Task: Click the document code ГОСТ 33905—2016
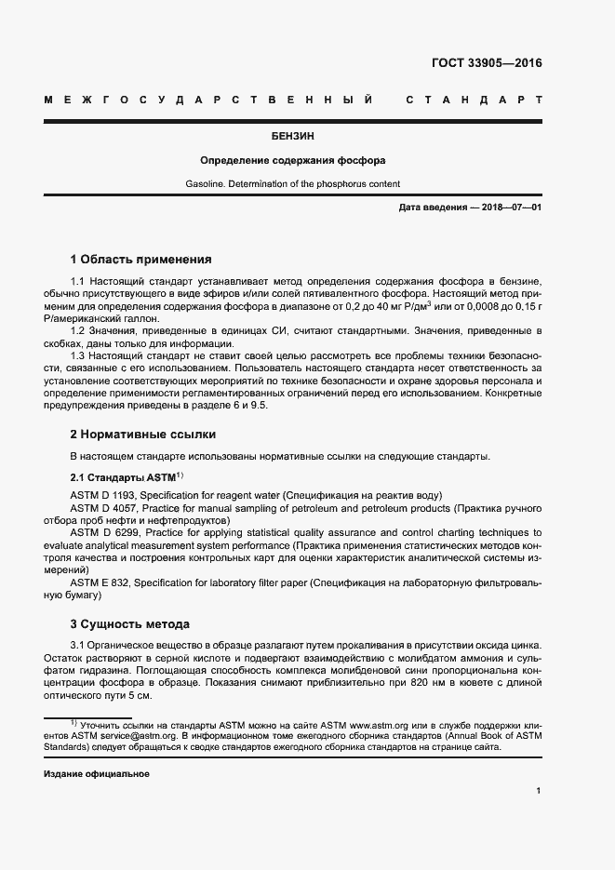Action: pos(488,64)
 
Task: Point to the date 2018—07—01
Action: pos(510,207)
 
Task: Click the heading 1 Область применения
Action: pos(141,259)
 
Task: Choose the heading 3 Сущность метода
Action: pos(130,623)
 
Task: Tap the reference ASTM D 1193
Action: pos(104,494)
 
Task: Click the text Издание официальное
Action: pos(97,774)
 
